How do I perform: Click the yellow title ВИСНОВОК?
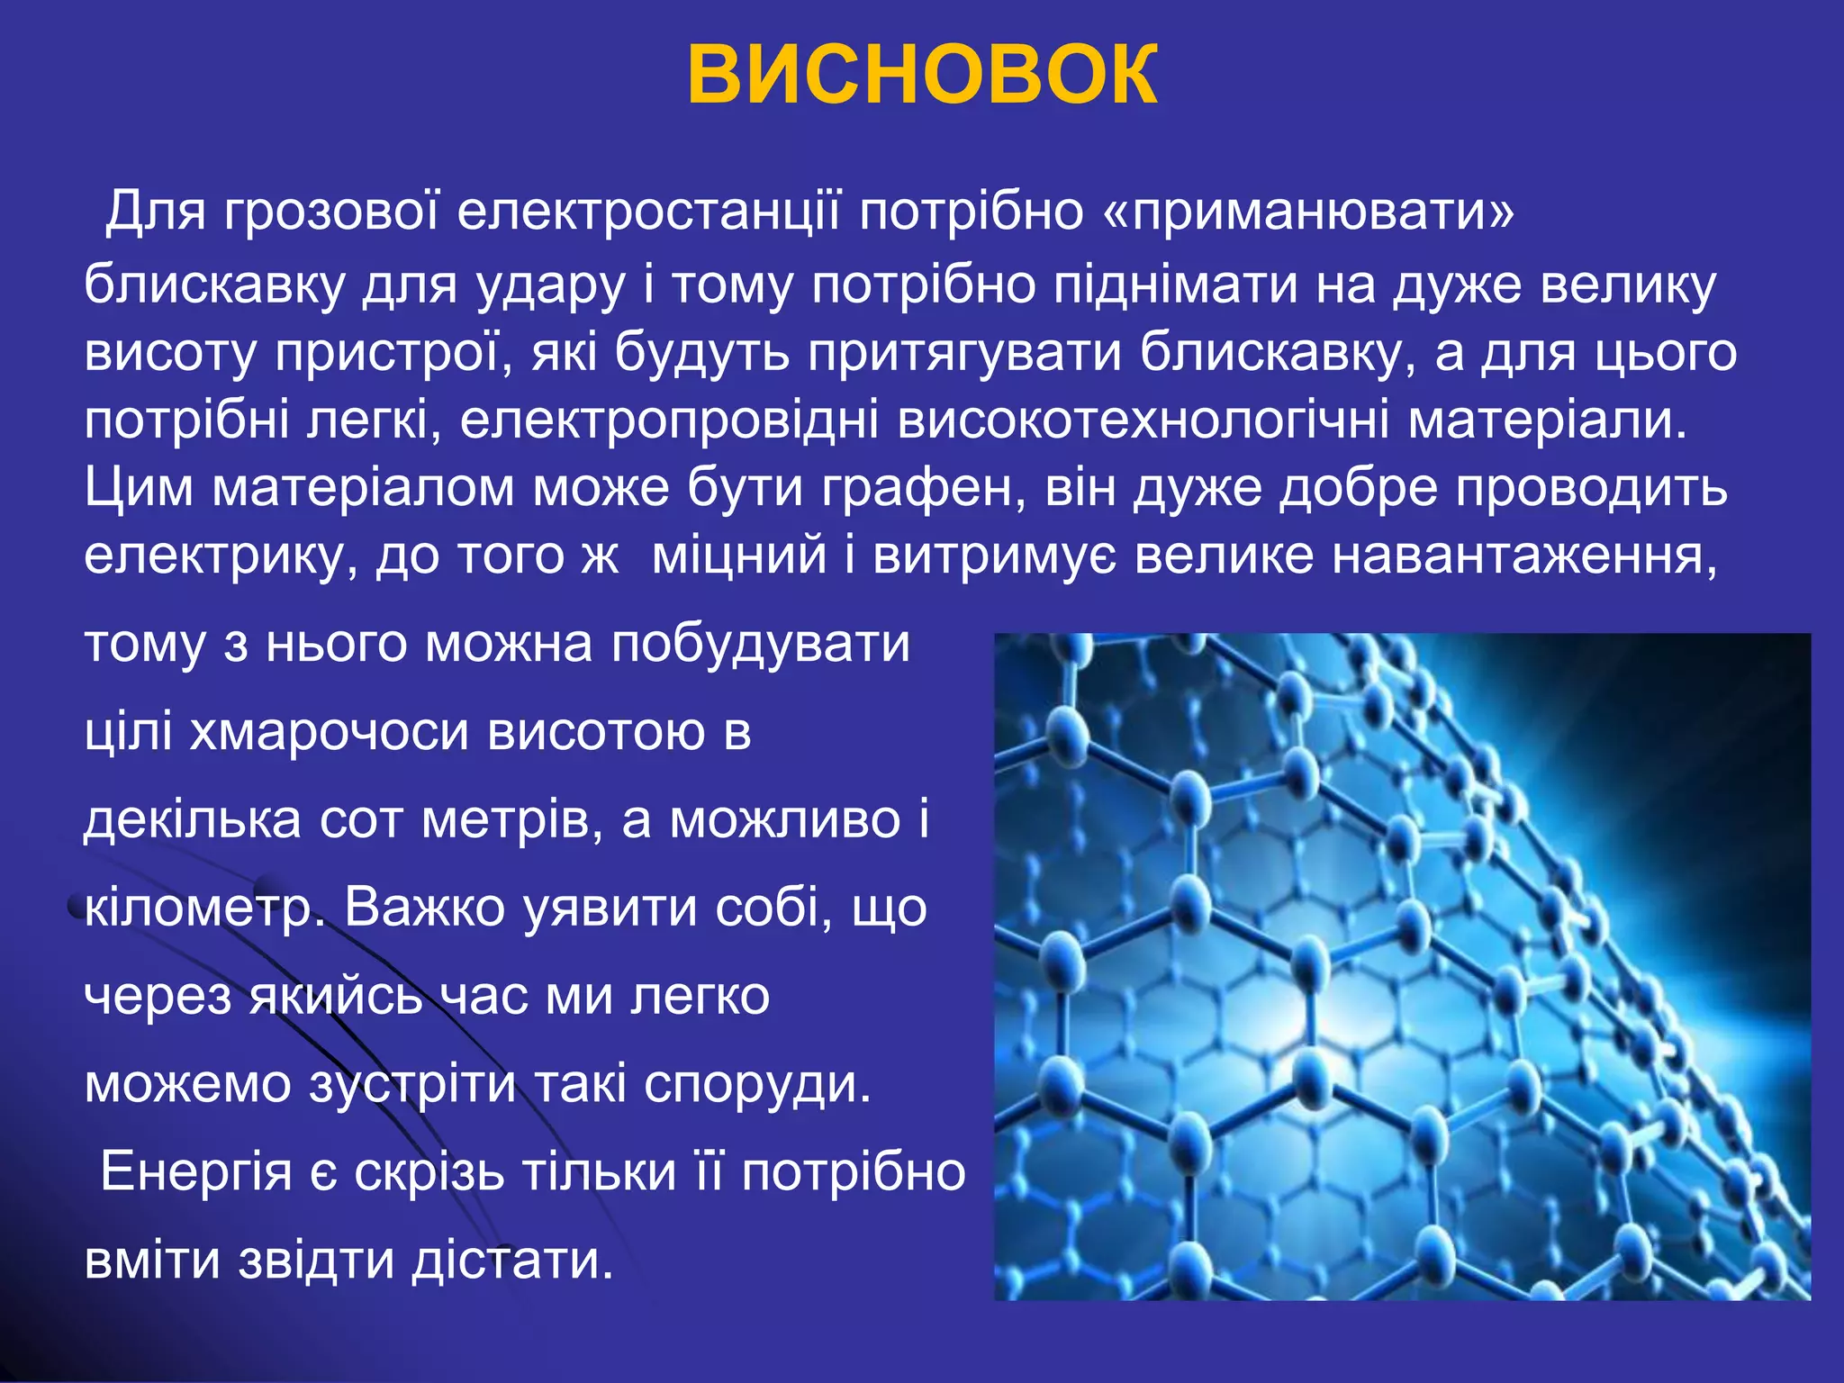pyautogui.click(x=922, y=76)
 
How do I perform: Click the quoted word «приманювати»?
pyautogui.click(x=1308, y=213)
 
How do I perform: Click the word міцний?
pyautogui.click(x=738, y=556)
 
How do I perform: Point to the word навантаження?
pyautogui.click(x=1525, y=556)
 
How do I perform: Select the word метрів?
pyautogui.click(x=504, y=820)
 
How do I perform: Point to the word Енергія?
pyautogui.click(x=196, y=1173)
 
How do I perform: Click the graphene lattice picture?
pyautogui.click(x=1402, y=966)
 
